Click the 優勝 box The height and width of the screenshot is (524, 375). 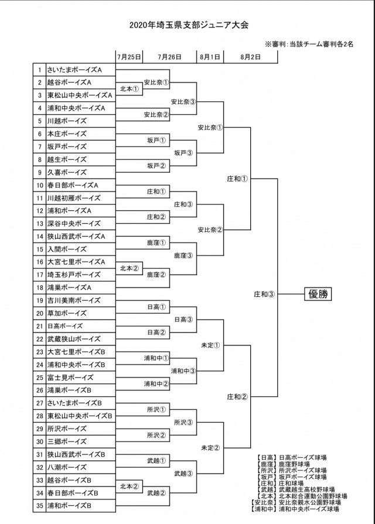318,294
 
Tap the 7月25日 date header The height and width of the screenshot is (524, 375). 129,57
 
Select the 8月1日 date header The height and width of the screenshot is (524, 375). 209,57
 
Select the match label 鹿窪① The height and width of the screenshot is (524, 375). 156,242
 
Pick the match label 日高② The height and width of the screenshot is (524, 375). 156,332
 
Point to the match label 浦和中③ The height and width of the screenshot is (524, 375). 183,371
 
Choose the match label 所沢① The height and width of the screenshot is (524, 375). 156,409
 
